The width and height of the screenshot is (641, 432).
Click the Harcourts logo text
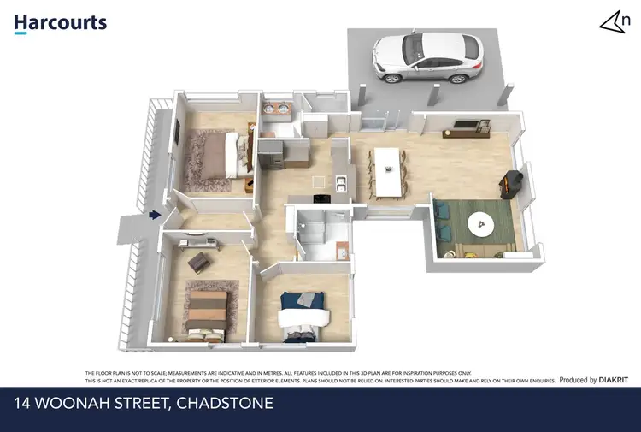[x=60, y=22]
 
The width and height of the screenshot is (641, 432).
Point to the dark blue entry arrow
[x=154, y=216]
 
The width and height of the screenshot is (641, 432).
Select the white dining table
[x=388, y=169]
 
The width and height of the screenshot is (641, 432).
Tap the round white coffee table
[x=481, y=225]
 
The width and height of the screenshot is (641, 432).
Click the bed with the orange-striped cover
[x=208, y=311]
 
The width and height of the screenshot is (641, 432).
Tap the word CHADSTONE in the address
[x=224, y=401]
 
